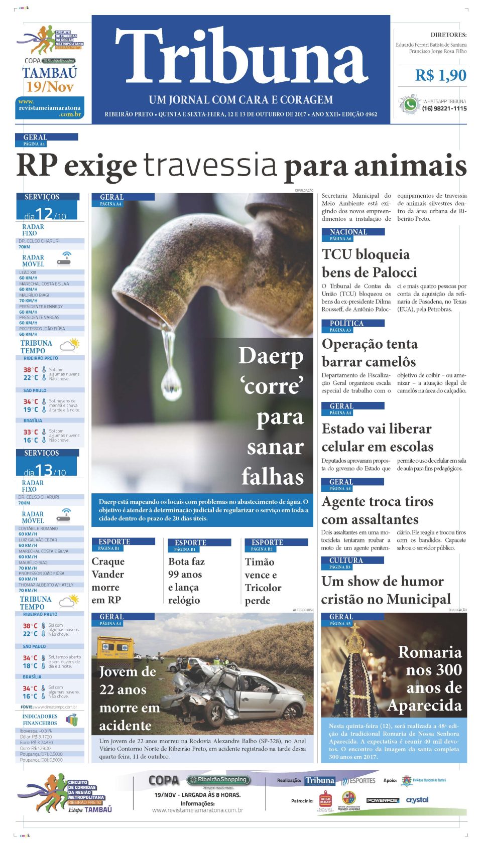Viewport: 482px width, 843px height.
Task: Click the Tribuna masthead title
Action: (x=241, y=56)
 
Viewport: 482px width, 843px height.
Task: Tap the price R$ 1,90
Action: (x=440, y=75)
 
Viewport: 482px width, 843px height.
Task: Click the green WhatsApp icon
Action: (x=410, y=104)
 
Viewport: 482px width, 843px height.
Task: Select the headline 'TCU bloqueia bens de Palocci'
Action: (x=369, y=263)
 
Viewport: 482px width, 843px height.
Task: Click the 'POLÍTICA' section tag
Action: (x=346, y=324)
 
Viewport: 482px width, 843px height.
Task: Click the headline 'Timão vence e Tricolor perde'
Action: (x=263, y=581)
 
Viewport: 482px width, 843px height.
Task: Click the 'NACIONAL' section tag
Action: (x=348, y=232)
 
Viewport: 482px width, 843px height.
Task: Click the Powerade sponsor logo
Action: (x=382, y=800)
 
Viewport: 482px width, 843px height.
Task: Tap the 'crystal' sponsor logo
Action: (x=417, y=800)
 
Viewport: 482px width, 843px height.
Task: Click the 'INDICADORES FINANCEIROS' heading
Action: (x=40, y=720)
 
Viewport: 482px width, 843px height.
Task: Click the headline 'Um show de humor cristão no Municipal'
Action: (x=386, y=590)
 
